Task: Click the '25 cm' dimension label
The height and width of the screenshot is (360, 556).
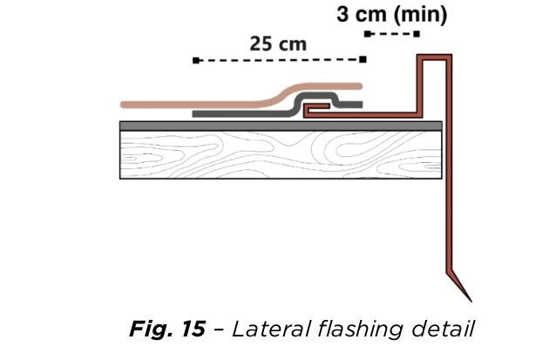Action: tap(278, 44)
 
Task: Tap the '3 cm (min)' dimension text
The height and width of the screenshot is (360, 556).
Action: tap(392, 15)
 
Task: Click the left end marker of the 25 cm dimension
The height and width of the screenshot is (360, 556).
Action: tap(196, 60)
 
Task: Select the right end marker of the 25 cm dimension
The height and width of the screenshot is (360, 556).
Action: tap(363, 59)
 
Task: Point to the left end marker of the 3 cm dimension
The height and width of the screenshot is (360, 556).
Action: tap(368, 34)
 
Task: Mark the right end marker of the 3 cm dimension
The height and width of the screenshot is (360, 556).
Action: tap(417, 34)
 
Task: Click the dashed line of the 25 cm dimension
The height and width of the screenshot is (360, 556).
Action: tap(279, 60)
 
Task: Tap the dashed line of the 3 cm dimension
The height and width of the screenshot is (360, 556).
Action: tap(392, 34)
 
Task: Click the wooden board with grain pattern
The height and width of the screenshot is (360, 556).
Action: tap(281, 154)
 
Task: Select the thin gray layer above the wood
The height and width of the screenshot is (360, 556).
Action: tap(281, 126)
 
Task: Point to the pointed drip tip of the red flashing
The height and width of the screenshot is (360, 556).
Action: tap(471, 302)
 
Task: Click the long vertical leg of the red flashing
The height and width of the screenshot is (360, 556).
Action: tap(449, 166)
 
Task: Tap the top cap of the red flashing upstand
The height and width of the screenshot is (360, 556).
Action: tap(434, 58)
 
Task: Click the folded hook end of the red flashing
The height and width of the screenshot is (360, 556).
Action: tap(316, 108)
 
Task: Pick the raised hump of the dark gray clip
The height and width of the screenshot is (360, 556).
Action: tap(316, 97)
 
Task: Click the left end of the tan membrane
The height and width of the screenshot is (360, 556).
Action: tap(124, 105)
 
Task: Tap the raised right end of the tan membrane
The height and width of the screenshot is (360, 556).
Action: tap(358, 86)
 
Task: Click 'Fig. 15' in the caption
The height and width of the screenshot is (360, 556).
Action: tap(167, 329)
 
